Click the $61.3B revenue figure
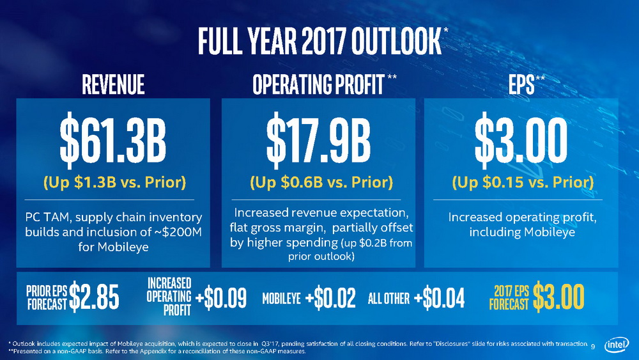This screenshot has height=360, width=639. (x=112, y=142)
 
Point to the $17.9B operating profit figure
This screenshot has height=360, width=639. (x=318, y=142)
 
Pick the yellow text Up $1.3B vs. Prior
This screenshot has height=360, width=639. (x=114, y=183)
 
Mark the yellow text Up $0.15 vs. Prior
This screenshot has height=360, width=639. (x=523, y=183)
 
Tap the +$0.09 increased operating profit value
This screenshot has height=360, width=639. (x=221, y=298)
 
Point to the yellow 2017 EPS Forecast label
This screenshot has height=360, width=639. (x=509, y=297)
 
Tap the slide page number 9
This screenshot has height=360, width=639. (x=593, y=347)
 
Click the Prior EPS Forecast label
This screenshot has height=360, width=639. (x=46, y=297)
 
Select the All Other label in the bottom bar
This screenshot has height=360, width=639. (x=389, y=298)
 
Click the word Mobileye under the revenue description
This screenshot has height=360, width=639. (x=113, y=246)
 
